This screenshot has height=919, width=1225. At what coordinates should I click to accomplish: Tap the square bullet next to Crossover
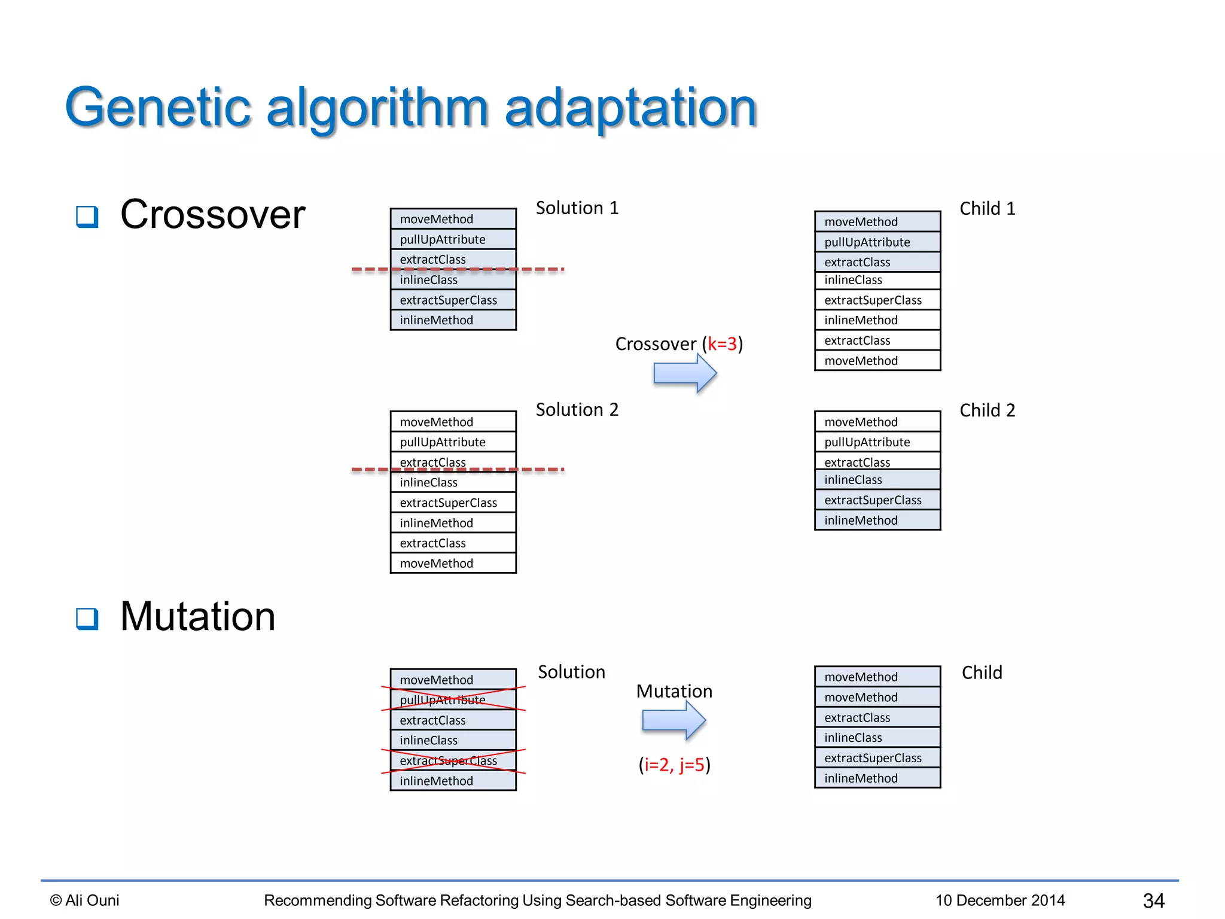click(87, 216)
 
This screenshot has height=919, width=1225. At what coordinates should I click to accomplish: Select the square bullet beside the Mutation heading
click(87, 618)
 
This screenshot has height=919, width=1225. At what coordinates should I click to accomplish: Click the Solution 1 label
click(577, 208)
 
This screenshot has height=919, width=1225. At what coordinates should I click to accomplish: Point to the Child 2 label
click(987, 410)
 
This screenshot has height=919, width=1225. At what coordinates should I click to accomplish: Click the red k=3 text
click(722, 344)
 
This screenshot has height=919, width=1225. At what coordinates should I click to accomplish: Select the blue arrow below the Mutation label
click(674, 720)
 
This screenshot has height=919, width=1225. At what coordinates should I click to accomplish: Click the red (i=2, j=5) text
click(674, 765)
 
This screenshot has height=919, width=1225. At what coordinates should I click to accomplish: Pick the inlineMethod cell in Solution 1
click(453, 320)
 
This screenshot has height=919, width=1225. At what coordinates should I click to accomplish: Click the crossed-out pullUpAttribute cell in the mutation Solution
click(453, 700)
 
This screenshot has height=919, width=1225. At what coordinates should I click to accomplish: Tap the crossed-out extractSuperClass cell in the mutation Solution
click(453, 760)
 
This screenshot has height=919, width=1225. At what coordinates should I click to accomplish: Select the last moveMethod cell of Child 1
click(877, 361)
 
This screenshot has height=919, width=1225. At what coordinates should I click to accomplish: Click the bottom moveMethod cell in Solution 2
click(453, 564)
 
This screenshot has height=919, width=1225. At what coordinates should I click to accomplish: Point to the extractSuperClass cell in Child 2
click(877, 500)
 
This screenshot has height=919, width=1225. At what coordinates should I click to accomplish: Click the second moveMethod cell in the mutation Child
click(877, 697)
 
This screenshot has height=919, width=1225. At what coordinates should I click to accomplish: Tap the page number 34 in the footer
click(1153, 900)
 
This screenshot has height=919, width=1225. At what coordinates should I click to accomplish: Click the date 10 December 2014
click(1000, 900)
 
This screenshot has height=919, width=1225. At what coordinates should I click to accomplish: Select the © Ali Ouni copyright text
click(84, 900)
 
